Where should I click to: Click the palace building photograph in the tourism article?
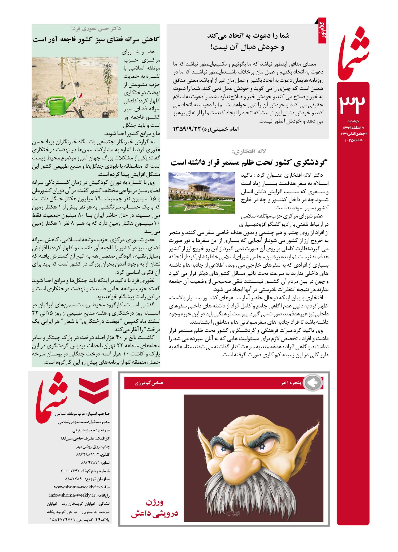coord(202,193)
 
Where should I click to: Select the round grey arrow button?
coord(313,383)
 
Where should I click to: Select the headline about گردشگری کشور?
coord(249,162)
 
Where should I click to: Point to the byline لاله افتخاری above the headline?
coord(249,151)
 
